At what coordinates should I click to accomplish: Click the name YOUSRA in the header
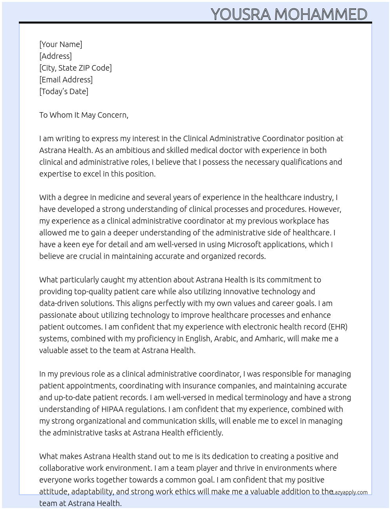tap(241, 14)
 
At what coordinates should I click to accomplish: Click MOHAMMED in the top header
tap(321, 14)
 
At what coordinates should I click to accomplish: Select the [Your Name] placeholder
tap(61, 44)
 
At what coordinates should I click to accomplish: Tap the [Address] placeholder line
tap(55, 56)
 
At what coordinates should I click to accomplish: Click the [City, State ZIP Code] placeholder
tap(75, 68)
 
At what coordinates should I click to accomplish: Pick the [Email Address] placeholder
tap(66, 80)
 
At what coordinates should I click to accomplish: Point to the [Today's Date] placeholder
tap(64, 91)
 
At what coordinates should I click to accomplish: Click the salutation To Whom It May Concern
tap(84, 115)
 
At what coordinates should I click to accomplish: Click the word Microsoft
tap(244, 244)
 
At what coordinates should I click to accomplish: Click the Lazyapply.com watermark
tap(349, 492)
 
